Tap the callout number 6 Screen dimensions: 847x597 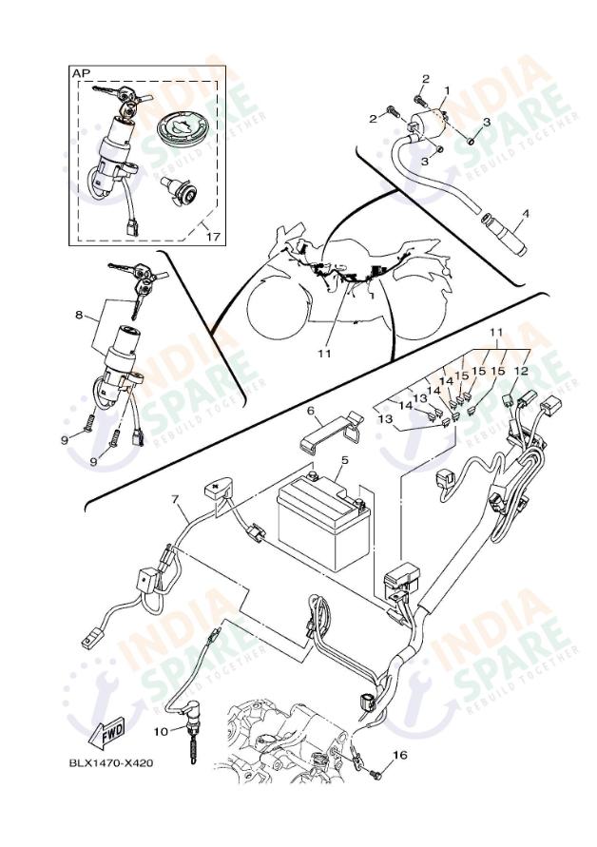309,411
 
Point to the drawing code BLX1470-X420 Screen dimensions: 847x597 110,762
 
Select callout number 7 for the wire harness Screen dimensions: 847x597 174,498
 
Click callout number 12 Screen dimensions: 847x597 522,372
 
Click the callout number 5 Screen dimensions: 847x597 344,460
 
